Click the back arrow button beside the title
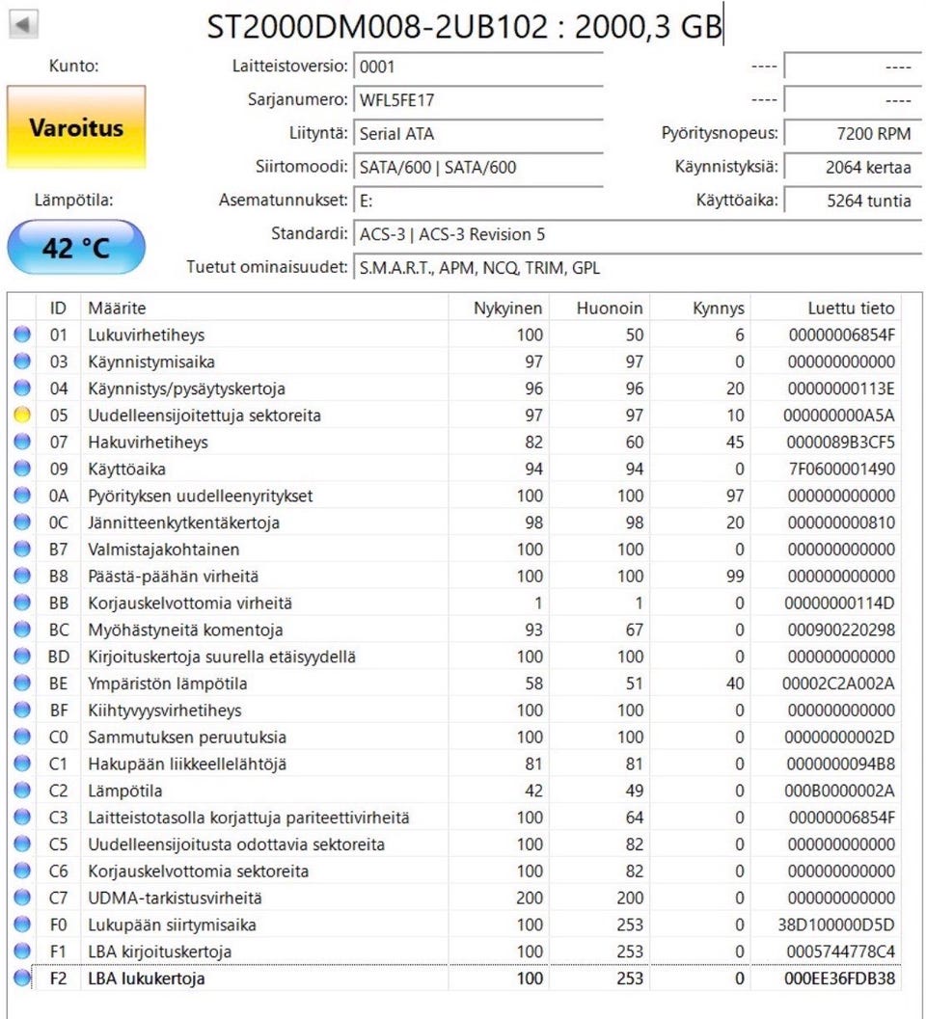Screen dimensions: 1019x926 [23, 24]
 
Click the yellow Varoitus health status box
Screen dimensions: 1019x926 [76, 127]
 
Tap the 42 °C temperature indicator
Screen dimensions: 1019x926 [76, 248]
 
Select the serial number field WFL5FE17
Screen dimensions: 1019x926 [477, 100]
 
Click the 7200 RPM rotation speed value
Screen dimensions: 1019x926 [849, 134]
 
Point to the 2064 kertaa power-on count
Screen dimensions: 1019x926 [849, 167]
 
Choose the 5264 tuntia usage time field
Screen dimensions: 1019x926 [849, 201]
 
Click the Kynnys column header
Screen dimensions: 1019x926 [719, 308]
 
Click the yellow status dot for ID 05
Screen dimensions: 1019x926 [22, 416]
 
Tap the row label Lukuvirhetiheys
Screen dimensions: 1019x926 [147, 335]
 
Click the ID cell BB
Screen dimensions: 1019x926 [58, 603]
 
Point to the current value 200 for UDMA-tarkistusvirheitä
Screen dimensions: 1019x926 [530, 898]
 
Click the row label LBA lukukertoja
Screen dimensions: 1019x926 [147, 979]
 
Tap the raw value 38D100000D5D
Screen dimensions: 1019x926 [838, 925]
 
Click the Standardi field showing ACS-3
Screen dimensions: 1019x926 [477, 234]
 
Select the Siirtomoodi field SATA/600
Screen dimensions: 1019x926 [477, 168]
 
